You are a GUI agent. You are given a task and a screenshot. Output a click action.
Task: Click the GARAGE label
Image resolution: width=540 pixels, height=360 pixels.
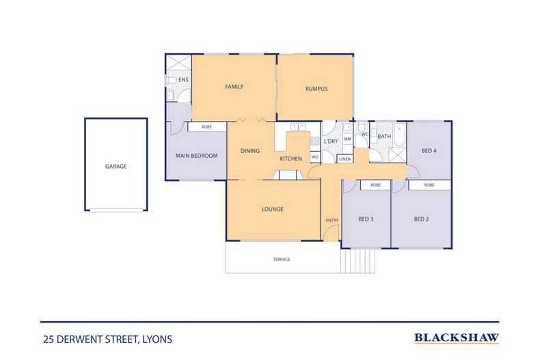pos(116,166)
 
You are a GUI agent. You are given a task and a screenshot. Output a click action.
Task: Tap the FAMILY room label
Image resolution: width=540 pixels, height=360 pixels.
pos(234,87)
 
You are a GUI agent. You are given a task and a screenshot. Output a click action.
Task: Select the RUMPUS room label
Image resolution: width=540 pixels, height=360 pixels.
pos(316,89)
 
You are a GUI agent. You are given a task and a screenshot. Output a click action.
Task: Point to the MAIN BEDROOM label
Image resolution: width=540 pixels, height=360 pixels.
pos(196,156)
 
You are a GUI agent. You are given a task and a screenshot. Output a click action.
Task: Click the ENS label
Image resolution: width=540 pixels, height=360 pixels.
pos(183,80)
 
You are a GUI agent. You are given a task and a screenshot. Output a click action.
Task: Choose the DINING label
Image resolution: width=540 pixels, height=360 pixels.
pos(249,151)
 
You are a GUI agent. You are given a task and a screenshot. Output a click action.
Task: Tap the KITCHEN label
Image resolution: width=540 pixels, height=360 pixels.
pos(291,159)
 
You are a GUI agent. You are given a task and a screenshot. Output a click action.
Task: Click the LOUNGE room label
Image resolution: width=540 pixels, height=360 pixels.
pos(272,209)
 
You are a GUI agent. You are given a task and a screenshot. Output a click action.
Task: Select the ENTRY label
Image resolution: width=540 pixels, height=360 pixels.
pos(332,220)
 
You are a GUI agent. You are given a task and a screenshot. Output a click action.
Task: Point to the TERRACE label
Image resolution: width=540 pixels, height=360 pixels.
pos(281,260)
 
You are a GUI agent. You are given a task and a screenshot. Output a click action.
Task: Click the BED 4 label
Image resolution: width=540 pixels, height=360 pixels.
pos(429,151)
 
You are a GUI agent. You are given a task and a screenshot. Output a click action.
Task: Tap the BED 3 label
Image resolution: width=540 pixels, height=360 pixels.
pos(366,219)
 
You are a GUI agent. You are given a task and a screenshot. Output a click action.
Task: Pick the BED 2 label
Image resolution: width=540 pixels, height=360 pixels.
pos(421,219)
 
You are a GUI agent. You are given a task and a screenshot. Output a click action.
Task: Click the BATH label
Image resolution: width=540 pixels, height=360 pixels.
pos(385,136)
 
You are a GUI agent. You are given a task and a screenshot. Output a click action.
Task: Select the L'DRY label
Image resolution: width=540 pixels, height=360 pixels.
pos(331,141)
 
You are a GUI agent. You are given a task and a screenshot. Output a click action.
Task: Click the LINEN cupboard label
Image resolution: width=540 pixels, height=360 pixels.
pos(345,158)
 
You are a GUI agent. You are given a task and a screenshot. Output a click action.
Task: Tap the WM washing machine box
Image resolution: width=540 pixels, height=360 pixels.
pos(347,139)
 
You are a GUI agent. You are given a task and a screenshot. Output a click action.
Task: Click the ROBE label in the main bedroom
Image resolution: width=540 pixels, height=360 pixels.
pos(206,127)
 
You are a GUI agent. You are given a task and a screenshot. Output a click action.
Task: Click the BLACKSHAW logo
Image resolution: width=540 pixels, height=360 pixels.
pos(457,337)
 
